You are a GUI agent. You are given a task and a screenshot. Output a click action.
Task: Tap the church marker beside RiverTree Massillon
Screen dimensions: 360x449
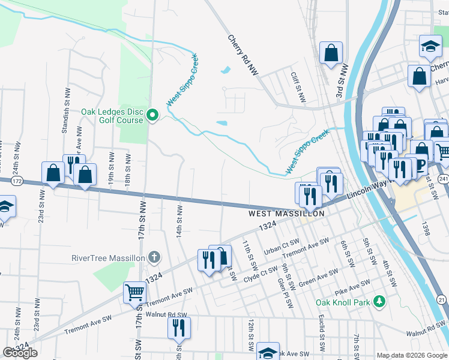click(154, 257)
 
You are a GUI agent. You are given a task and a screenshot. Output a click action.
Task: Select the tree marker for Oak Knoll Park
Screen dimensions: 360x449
click(379, 300)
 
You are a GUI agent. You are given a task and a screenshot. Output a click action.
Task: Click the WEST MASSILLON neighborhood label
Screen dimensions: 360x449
click(287, 214)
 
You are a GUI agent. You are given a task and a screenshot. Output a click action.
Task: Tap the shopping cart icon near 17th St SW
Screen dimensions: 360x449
click(134, 292)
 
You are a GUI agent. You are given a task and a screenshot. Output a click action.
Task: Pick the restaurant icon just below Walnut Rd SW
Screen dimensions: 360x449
click(178, 327)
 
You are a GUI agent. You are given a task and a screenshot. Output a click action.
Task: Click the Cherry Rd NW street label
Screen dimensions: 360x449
click(243, 55)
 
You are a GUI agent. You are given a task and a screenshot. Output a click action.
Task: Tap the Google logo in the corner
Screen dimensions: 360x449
click(20, 353)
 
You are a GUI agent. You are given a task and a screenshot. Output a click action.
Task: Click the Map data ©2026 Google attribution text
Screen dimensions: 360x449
click(412, 355)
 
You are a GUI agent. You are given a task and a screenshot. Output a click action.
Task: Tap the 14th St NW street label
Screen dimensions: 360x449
click(179, 221)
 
